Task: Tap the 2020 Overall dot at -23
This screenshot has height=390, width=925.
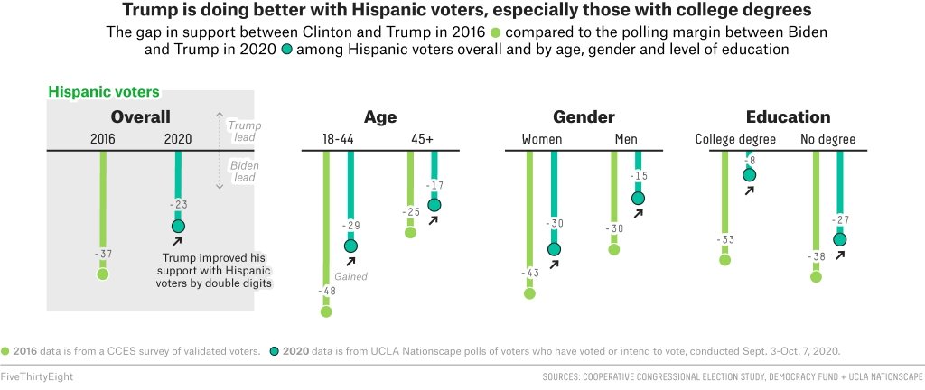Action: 178,226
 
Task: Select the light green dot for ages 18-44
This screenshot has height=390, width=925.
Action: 326,311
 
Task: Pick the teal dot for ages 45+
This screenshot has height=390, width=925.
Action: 434,205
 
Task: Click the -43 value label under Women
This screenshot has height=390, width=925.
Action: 529,273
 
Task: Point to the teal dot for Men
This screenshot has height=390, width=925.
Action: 639,198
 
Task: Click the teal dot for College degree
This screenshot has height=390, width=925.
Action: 749,175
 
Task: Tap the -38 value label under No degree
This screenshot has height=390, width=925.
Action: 817,256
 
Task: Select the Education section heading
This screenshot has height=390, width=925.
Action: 788,116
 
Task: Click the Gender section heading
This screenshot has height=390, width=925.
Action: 584,116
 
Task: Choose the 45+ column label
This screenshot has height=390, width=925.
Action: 422,139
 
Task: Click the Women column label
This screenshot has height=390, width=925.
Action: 542,139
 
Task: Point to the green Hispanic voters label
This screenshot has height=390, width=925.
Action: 103,92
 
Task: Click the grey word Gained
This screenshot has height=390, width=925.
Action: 350,276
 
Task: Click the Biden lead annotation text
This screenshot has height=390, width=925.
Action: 241,172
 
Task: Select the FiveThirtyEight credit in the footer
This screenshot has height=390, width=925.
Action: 37,376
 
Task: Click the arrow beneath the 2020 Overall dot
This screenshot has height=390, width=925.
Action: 177,241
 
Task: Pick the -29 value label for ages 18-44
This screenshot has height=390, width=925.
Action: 350,225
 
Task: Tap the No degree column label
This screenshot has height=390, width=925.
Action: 827,139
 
